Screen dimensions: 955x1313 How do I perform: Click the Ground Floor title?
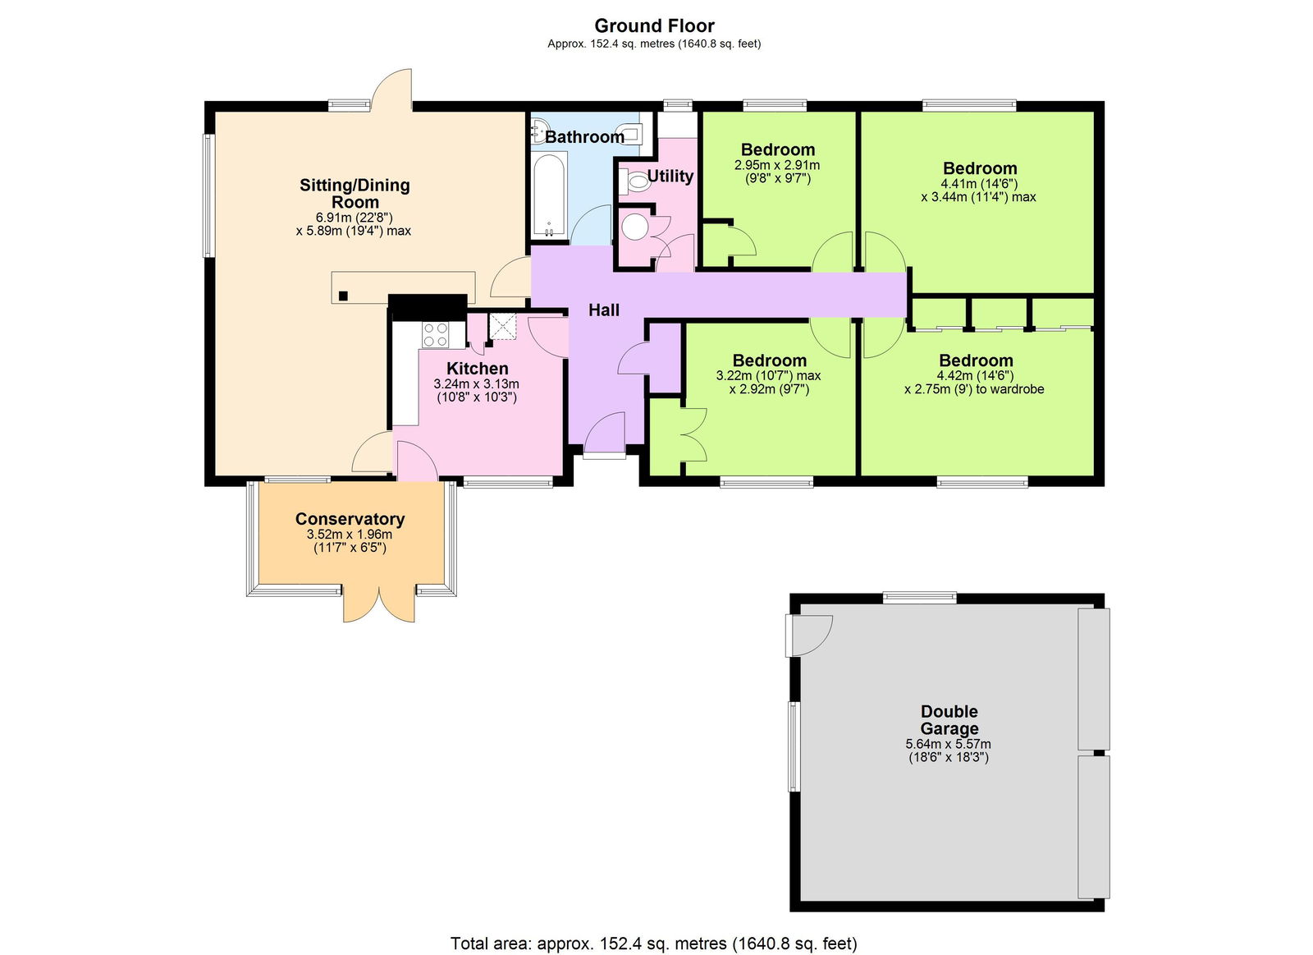pyautogui.click(x=654, y=25)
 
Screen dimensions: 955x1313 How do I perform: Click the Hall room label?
pyautogui.click(x=604, y=310)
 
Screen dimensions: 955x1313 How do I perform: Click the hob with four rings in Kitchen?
pyautogui.click(x=435, y=334)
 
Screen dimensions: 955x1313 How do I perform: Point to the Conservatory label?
pyautogui.click(x=350, y=519)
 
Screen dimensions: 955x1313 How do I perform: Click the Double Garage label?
pyautogui.click(x=949, y=720)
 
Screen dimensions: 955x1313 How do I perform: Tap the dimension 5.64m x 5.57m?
pyautogui.click(x=948, y=744)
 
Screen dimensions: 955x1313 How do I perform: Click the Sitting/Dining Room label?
pyautogui.click(x=355, y=193)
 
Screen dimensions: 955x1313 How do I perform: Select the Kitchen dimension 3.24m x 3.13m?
pyautogui.click(x=476, y=383)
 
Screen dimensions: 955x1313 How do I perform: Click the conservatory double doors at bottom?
pyautogui.click(x=379, y=604)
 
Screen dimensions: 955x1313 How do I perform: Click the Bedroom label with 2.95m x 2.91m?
pyautogui.click(x=777, y=149)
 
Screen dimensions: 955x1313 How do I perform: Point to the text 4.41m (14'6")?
pyautogui.click(x=979, y=184)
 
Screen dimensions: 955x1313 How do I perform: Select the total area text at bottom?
pyautogui.click(x=653, y=944)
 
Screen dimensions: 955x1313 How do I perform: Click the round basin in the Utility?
pyautogui.click(x=635, y=227)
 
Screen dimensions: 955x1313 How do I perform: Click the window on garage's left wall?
pyautogui.click(x=794, y=746)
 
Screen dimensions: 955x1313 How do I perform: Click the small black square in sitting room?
pyautogui.click(x=344, y=296)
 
